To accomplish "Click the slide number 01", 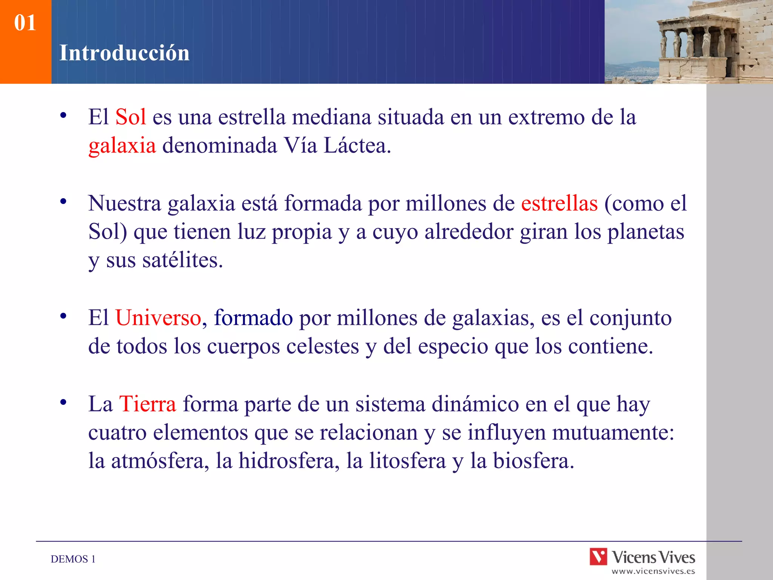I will [x=25, y=23].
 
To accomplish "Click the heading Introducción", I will [x=124, y=53].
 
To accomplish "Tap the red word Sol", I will [x=131, y=117].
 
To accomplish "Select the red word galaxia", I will [x=122, y=146].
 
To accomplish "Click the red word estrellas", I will [x=559, y=203].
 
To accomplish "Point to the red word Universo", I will [x=158, y=318].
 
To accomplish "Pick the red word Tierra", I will [x=148, y=404].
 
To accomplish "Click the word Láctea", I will [x=357, y=146].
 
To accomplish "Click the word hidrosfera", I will [x=289, y=461].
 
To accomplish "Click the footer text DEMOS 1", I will [x=73, y=559].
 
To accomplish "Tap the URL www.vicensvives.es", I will [x=653, y=571].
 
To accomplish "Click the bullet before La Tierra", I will [x=63, y=402].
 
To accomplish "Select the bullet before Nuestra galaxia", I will [x=63, y=202].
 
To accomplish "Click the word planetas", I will [x=645, y=231].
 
